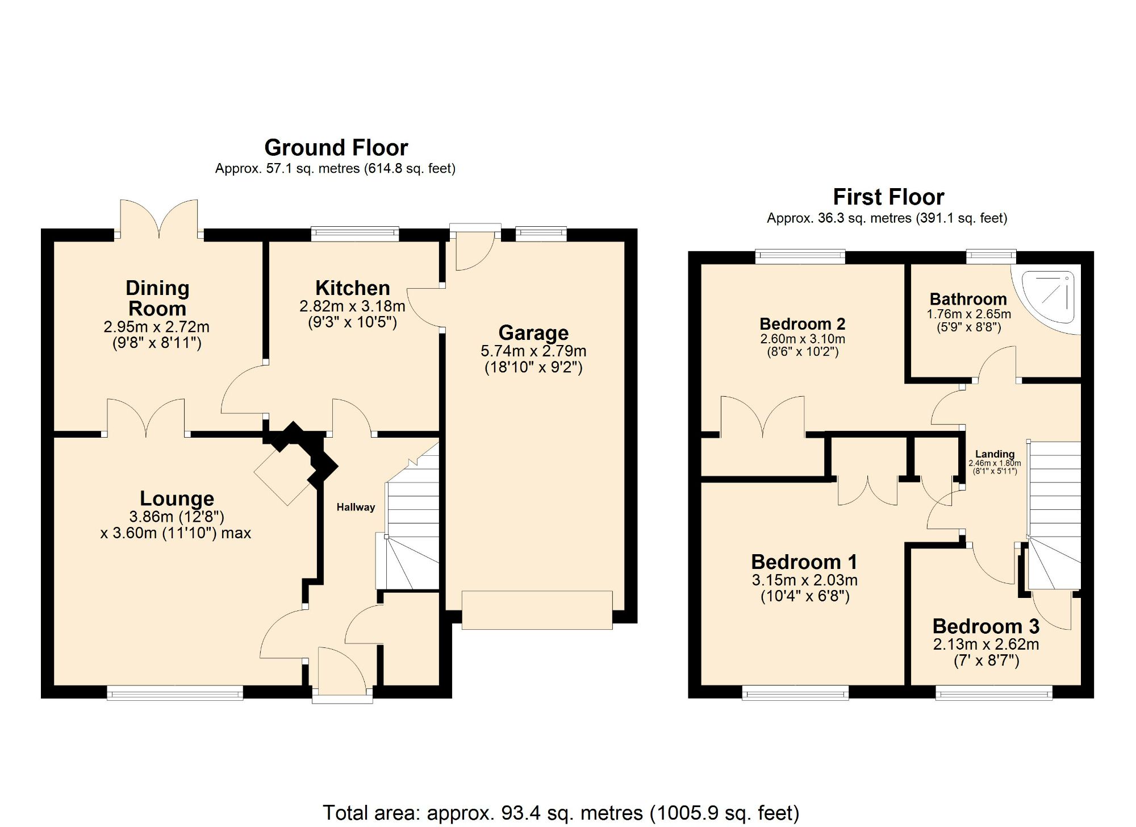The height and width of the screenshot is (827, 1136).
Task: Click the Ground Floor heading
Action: click(336, 148)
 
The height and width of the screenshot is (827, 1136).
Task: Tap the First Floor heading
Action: click(888, 197)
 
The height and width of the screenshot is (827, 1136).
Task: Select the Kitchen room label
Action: click(352, 288)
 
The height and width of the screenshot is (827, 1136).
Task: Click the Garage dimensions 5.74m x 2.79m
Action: click(533, 351)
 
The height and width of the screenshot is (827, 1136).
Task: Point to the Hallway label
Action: click(356, 507)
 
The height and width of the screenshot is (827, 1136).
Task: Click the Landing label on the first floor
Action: click(994, 454)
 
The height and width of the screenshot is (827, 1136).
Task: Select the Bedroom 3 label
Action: click(985, 626)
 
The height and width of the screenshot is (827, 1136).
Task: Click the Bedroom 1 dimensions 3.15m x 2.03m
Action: click(804, 580)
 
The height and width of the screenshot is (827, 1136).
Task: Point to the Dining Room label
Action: click(157, 298)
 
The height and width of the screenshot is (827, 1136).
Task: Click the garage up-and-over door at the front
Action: click(537, 610)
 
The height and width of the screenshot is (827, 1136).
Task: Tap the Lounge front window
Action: click(175, 692)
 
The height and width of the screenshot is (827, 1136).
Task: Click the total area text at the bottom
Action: click(561, 813)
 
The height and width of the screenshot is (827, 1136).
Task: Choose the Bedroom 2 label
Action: click(802, 324)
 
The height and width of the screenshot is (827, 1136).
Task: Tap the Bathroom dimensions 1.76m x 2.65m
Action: click(968, 314)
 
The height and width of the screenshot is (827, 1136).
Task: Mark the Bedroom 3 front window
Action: click(993, 692)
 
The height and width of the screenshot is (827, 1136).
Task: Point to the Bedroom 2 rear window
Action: click(800, 256)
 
